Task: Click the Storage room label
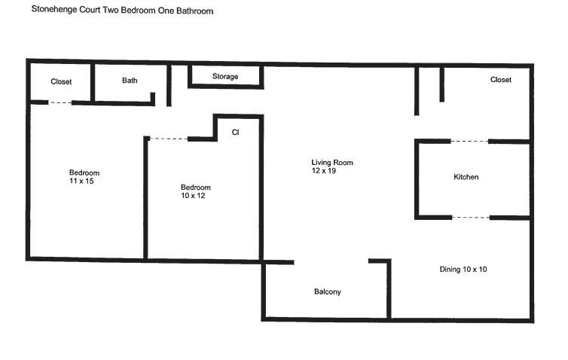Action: click(225, 77)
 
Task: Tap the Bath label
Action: click(130, 81)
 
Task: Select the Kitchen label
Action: click(466, 177)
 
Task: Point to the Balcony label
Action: click(327, 291)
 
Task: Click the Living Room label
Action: click(332, 163)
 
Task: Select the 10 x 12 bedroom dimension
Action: click(193, 196)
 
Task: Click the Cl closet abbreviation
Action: click(235, 133)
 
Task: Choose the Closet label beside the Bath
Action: click(61, 81)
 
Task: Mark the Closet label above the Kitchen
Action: click(500, 80)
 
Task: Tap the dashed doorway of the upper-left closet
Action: click(61, 102)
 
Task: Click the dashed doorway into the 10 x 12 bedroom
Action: click(168, 139)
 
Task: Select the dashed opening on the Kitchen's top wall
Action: click(469, 141)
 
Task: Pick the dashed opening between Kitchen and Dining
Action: click(471, 218)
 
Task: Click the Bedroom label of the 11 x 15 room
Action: click(84, 172)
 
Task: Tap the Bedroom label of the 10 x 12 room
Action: click(196, 188)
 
